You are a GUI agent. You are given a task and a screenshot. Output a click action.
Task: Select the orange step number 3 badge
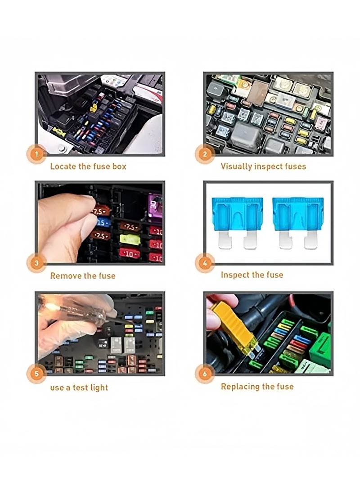pyautogui.click(x=36, y=263)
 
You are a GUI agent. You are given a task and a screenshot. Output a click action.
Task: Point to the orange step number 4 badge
pyautogui.click(x=205, y=263)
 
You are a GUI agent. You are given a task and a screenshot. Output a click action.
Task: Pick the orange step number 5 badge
pyautogui.click(x=36, y=374)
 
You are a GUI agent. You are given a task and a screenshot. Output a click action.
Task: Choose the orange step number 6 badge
pyautogui.click(x=205, y=374)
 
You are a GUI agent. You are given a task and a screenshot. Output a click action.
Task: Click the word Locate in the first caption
pyautogui.click(x=63, y=167)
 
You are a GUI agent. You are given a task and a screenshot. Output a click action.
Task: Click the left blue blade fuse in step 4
pyautogui.click(x=237, y=221)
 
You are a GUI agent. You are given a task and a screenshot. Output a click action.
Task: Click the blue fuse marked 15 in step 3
pyautogui.click(x=103, y=222)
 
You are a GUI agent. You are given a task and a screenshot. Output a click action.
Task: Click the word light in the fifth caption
pyautogui.click(x=99, y=387)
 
